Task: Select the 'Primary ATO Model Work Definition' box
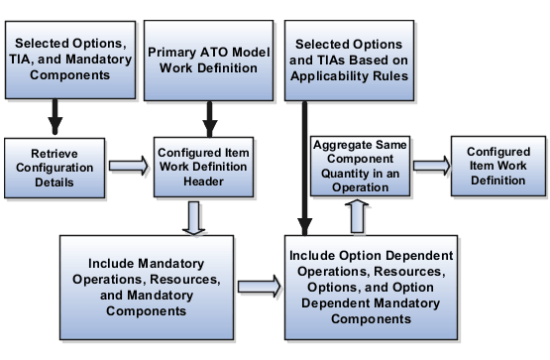(208, 60)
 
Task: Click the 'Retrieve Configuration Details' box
(54, 169)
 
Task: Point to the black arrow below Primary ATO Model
(209, 119)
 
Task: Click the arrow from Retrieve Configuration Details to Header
(127, 169)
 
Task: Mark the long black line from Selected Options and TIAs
(299, 169)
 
